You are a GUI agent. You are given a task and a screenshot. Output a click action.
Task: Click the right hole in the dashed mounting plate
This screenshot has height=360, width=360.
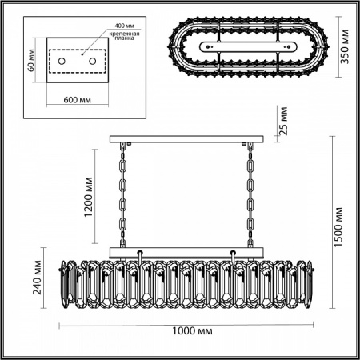click(93, 62)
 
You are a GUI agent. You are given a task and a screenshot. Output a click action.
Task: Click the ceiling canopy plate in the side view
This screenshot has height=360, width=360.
click(186, 142)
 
